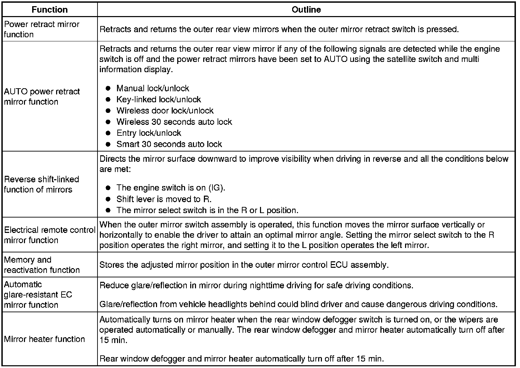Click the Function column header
[50, 10]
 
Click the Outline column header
[306, 10]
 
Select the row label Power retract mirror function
[41, 29]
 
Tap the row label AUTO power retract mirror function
[42, 96]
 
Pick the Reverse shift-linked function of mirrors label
[41, 184]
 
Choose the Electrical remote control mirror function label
[49, 235]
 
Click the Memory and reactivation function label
[41, 265]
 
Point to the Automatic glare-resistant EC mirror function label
[38, 294]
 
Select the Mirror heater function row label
[44, 339]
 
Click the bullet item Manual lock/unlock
[153, 88]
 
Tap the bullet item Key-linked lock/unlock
[158, 100]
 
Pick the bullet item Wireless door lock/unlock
[165, 111]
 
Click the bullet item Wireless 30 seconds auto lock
[174, 122]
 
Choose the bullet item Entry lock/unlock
[148, 133]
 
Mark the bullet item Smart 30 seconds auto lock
[169, 144]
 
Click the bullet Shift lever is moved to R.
[164, 199]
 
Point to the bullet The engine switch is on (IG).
[171, 188]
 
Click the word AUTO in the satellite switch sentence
[336, 59]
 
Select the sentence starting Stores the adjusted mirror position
[244, 265]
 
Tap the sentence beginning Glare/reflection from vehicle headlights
[298, 304]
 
